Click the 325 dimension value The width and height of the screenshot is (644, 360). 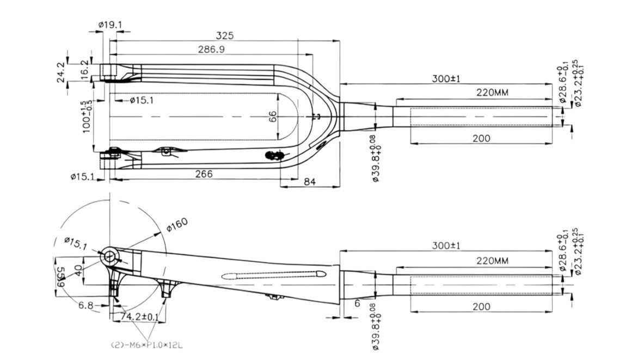[x=224, y=35]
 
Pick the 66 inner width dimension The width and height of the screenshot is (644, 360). [x=273, y=116]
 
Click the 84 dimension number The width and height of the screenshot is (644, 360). [x=310, y=181]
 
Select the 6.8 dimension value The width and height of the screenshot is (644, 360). [x=86, y=306]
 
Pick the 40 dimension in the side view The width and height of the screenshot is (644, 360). [x=80, y=271]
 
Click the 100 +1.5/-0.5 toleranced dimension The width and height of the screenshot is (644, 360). [x=85, y=115]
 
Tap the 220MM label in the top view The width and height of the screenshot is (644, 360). [x=492, y=93]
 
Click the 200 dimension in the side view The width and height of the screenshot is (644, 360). [x=481, y=307]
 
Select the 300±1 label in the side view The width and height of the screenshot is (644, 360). [x=446, y=246]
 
